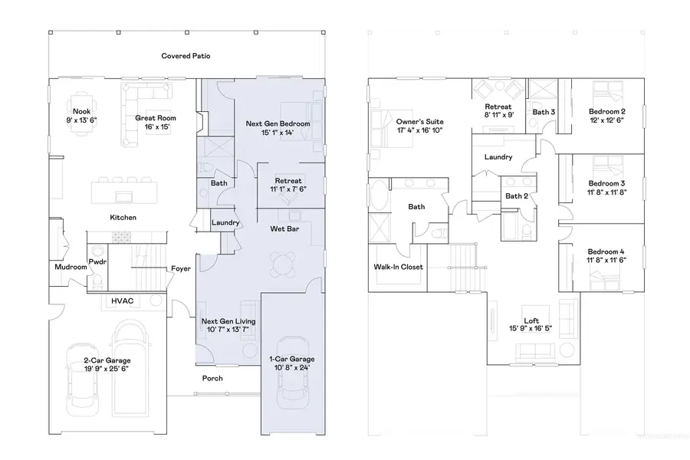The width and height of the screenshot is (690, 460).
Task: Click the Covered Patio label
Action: point(186,56)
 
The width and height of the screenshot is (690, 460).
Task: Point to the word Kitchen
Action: point(123,218)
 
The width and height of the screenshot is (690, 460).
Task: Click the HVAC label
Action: point(123,301)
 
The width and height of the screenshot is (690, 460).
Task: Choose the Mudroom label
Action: point(70,268)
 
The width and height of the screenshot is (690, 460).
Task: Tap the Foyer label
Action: point(180,268)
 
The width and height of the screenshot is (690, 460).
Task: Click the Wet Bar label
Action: point(284,229)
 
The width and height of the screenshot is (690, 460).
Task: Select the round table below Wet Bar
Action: point(284,266)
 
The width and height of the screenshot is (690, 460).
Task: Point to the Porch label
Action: point(212,378)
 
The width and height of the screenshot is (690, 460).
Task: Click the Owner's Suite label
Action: point(419,122)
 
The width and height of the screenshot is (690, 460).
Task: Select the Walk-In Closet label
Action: point(399,268)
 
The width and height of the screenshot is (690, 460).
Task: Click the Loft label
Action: point(531,320)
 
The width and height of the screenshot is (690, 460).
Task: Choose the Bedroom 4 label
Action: point(606,252)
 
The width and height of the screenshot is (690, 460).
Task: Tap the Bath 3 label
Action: point(544,112)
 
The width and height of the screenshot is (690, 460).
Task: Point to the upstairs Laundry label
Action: point(498,157)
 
